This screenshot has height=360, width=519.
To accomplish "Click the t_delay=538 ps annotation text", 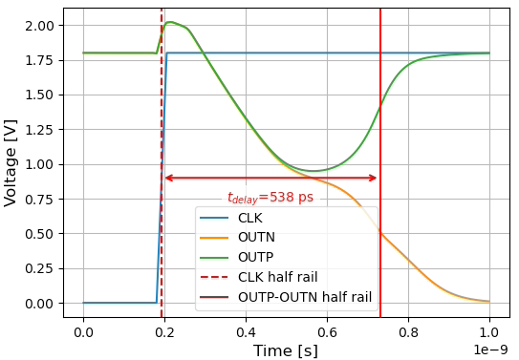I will pos(270,198).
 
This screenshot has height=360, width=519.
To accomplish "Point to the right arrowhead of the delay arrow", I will pos(376,178).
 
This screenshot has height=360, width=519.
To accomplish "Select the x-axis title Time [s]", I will pos(286,350).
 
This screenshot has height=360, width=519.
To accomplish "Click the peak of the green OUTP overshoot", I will pos(170,22).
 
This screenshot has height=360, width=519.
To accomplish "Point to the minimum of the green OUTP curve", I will pos(313,171).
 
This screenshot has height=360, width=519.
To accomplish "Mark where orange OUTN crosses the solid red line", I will pos(380,233).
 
